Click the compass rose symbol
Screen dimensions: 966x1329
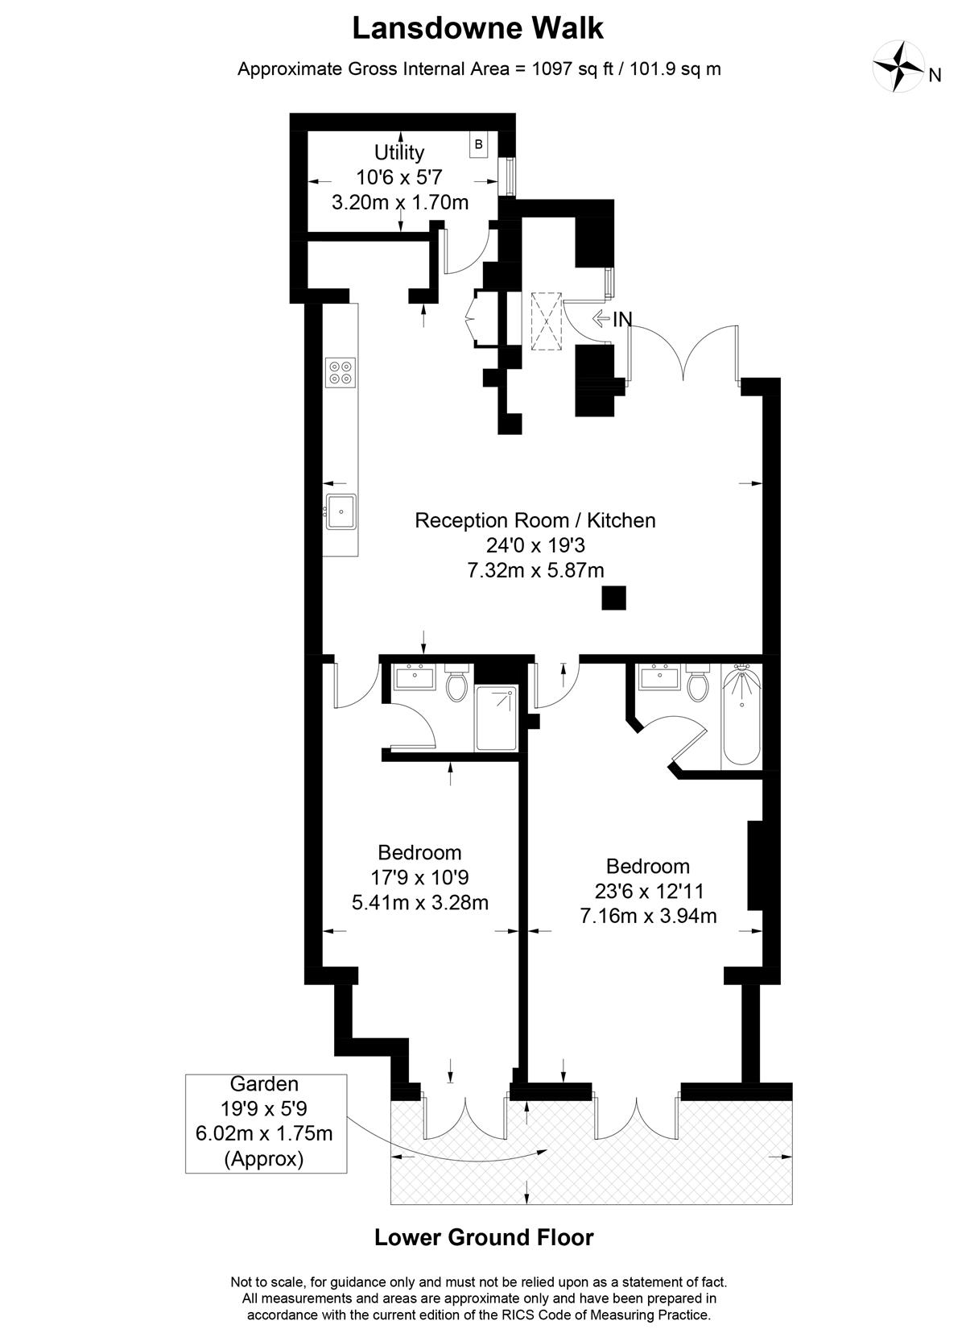tap(898, 66)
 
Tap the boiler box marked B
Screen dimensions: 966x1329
tap(478, 145)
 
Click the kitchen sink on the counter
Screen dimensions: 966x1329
tap(341, 511)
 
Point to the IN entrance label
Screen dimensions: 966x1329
tap(622, 319)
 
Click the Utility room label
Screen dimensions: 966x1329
tap(399, 152)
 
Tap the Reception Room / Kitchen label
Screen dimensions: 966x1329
tap(535, 520)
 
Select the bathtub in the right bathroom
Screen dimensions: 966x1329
tap(741, 715)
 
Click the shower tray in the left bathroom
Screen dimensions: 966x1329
tap(496, 718)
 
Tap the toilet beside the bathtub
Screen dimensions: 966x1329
tap(698, 682)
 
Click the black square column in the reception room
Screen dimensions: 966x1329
tap(613, 598)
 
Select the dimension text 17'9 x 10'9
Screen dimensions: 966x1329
tap(420, 877)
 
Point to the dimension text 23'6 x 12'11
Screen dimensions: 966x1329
tap(648, 891)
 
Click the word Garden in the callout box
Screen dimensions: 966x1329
tap(264, 1084)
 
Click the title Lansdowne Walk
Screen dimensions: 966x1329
tap(478, 28)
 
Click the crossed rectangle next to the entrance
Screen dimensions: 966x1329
tap(546, 321)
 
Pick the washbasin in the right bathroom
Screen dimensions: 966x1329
tap(659, 677)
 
